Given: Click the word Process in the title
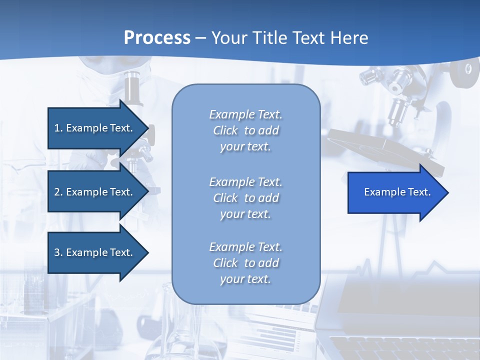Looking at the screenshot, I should point(157,38).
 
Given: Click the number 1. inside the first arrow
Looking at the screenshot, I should point(58,128).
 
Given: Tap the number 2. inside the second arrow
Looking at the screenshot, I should point(58,192).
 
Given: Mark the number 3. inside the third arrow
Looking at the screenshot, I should point(58,252).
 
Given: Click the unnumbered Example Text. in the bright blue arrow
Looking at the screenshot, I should point(397,192).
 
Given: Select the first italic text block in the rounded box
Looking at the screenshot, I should point(245,130).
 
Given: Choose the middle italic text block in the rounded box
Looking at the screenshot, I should point(245,198).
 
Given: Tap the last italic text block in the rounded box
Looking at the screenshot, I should point(245,263).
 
